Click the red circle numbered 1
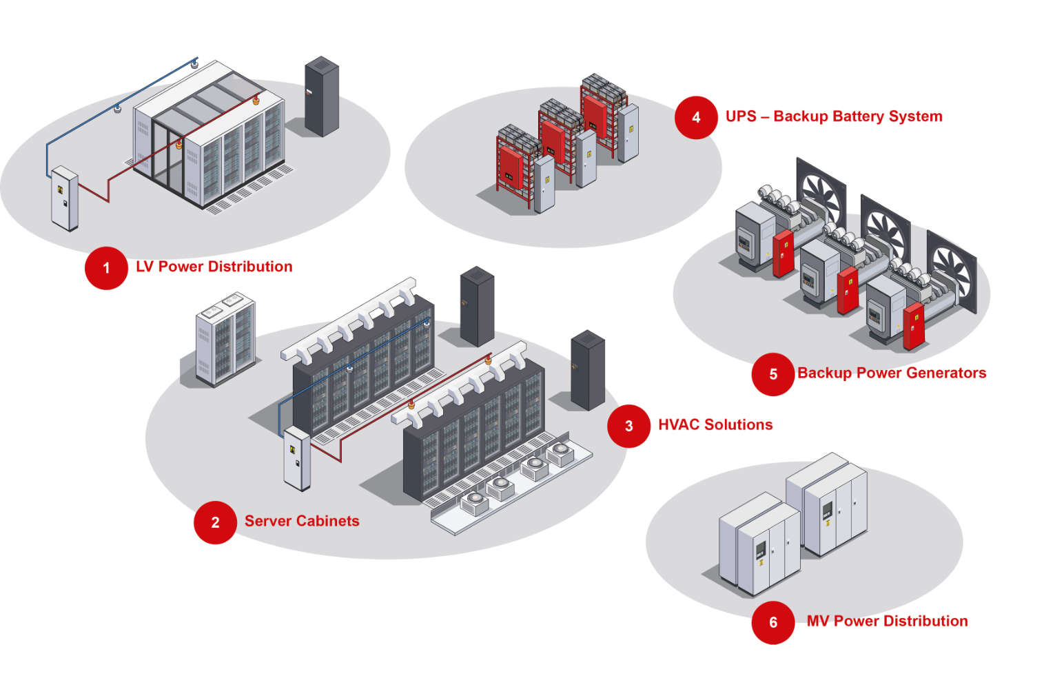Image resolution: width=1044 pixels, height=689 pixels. [106, 267]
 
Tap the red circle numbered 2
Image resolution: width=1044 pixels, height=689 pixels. [215, 522]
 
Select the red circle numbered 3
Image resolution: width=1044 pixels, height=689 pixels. [628, 426]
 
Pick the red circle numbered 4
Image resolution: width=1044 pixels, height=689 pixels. [696, 117]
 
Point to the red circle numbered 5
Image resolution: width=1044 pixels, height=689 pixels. [773, 374]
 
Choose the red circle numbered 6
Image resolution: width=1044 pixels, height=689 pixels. [773, 622]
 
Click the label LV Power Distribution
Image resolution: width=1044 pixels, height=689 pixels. [214, 267]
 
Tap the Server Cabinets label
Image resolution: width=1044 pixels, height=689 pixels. [302, 521]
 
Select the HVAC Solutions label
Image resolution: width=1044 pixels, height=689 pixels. [715, 424]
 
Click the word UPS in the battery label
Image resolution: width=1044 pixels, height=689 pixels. [741, 116]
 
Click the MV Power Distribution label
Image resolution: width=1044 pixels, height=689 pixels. [887, 621]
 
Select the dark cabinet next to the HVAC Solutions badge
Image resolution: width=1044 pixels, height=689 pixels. [588, 370]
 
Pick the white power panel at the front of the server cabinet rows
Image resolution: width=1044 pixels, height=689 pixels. [297, 457]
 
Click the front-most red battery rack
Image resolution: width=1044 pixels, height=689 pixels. [512, 169]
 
